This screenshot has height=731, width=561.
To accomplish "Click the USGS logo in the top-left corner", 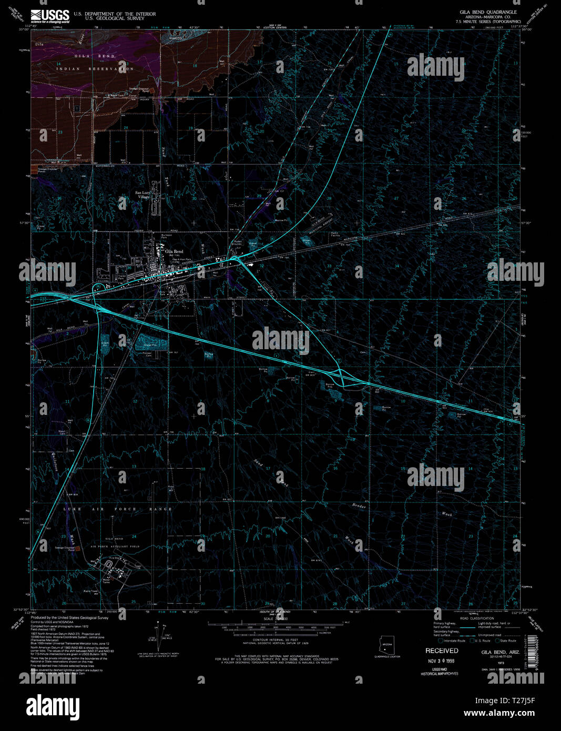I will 50,16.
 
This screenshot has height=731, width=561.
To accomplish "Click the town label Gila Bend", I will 174,251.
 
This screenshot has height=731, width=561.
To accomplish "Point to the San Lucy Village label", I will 143,195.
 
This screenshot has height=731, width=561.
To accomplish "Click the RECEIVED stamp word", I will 442,651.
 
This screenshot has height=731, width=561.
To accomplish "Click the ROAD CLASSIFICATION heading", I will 477,618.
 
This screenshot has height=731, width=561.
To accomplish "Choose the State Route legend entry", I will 506,641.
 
